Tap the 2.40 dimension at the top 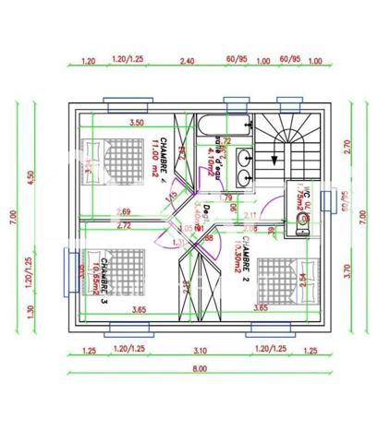[187, 61]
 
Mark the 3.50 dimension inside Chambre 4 [137, 122]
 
